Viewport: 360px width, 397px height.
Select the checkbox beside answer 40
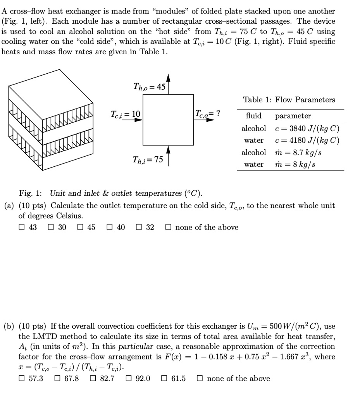(x=109, y=228)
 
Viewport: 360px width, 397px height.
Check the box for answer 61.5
(x=164, y=378)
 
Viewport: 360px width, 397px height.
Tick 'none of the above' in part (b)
(x=200, y=378)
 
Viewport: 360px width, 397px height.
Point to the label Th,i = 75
(x=148, y=160)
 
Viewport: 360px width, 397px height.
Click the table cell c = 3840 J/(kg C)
(x=307, y=128)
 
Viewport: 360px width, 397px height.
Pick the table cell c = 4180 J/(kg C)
(x=307, y=140)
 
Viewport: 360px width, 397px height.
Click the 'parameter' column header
(x=293, y=116)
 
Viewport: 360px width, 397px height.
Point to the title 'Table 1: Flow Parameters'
(x=289, y=100)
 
